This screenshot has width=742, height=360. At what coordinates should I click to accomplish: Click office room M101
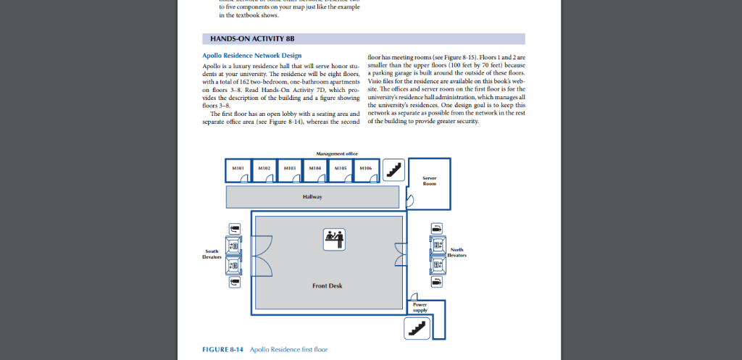(x=238, y=171)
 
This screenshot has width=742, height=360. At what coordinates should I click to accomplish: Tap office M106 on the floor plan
(x=366, y=171)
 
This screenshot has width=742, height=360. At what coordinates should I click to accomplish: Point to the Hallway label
(x=312, y=196)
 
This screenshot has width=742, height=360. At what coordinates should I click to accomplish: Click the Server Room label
(x=429, y=181)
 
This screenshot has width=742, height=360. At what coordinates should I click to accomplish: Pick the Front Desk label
(x=327, y=286)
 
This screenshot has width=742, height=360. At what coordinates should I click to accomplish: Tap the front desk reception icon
(x=334, y=238)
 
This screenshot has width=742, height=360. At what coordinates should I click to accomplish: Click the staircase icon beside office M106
(x=394, y=169)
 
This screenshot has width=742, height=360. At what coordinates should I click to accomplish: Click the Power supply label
(x=420, y=307)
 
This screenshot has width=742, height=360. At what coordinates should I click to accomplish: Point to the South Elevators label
(x=212, y=254)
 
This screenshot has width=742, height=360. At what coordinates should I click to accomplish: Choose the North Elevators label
(x=457, y=252)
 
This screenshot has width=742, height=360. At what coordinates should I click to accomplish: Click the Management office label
(x=337, y=154)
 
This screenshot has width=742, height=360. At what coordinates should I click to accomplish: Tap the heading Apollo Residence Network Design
(x=252, y=56)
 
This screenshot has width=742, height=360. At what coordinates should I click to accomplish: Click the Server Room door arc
(x=409, y=202)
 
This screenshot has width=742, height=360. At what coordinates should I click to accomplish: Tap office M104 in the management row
(x=315, y=171)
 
